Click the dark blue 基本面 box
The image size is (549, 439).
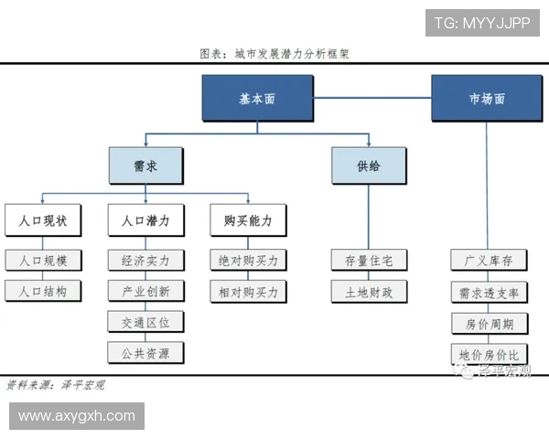coord(257,99)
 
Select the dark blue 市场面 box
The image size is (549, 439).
coord(486,99)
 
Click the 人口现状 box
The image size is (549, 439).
coord(43,220)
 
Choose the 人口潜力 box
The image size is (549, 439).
coord(145,220)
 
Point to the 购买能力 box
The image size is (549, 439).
coord(247,220)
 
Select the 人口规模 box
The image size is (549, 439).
coord(43,260)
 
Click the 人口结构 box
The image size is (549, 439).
coord(43,292)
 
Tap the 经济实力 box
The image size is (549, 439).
coord(145,260)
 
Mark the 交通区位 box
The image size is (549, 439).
coord(145,322)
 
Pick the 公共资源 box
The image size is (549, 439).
coord(145,352)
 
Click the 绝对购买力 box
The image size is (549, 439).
coord(247,260)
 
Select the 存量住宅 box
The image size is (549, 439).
coord(369,260)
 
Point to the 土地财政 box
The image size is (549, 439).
coord(369,292)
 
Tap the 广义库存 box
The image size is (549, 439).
coord(488,260)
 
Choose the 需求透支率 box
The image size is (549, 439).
coord(488,293)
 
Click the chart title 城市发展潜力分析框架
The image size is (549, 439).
coord(274,54)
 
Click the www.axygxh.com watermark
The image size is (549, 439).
coord(77,416)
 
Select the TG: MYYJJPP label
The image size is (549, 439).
coord(481,23)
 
